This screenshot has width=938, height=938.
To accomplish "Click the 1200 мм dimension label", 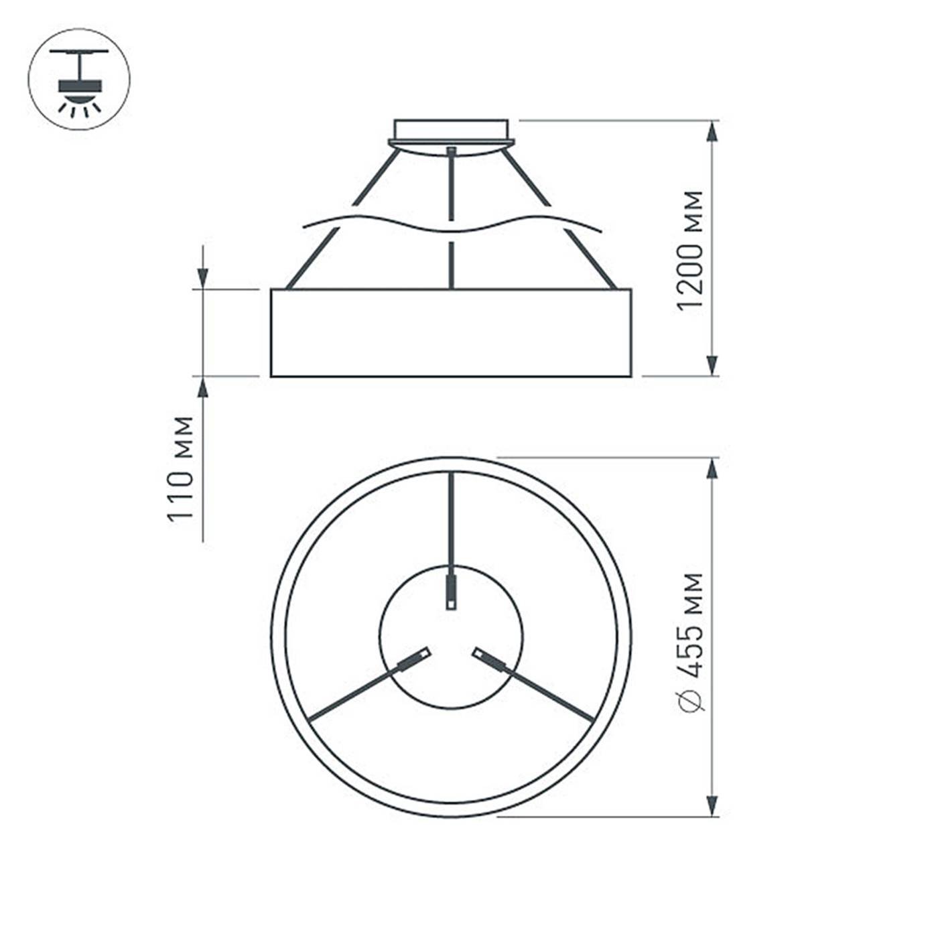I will [691, 251].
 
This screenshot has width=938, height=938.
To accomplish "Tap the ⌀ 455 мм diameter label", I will [691, 642].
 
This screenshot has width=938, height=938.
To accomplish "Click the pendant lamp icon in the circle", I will [79, 79].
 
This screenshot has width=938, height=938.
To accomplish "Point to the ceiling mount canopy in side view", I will [451, 134].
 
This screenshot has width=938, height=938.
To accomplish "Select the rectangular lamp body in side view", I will [451, 333].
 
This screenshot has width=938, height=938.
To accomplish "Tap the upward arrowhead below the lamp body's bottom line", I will [202, 388].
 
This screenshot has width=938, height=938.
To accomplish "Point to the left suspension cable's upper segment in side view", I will [377, 177].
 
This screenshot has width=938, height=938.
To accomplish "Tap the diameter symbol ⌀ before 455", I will [691, 699].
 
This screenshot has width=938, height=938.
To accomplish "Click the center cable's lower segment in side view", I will [452, 265].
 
